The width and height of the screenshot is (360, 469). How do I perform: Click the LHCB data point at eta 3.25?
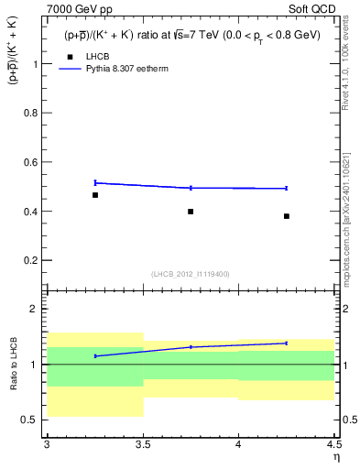(94, 195)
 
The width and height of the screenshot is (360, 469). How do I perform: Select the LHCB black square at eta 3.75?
(191, 212)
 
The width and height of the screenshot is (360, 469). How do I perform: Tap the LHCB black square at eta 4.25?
(287, 216)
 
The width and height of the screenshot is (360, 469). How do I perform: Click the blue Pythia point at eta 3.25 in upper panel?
(94, 182)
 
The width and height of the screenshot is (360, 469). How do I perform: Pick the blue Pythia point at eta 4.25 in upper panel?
(287, 188)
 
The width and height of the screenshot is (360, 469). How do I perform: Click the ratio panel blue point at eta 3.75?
(191, 347)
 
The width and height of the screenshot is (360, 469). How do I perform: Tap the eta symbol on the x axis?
(336, 457)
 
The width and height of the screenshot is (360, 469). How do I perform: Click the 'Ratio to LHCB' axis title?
(13, 364)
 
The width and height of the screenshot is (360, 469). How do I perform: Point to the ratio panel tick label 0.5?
(31, 420)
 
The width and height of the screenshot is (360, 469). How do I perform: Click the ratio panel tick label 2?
(37, 309)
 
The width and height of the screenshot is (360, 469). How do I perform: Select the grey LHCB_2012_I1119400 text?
(191, 274)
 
